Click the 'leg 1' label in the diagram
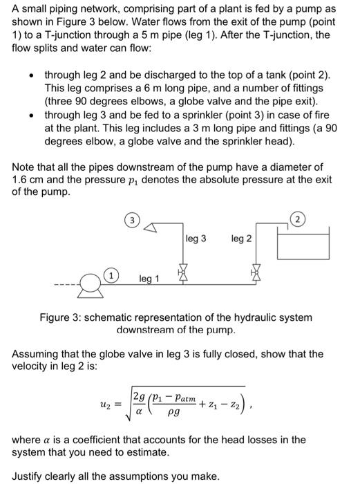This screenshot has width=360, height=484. tap(150, 279)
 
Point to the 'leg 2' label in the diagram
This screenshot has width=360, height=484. tap(242, 239)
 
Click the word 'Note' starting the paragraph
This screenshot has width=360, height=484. tap(26, 167)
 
